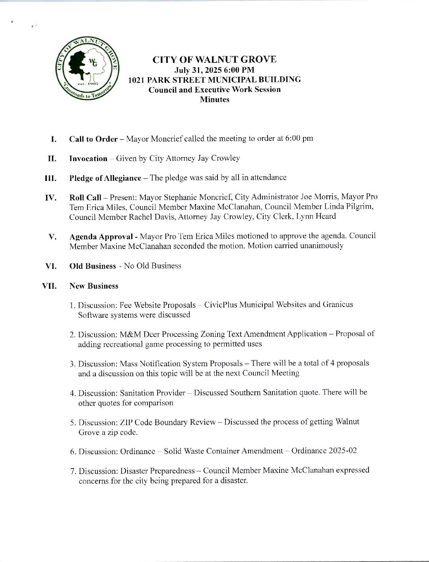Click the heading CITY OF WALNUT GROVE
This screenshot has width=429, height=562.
click(214, 60)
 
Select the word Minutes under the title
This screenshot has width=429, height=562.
click(214, 99)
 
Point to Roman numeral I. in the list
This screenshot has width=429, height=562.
click(53, 139)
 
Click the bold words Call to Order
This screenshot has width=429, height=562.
click(93, 139)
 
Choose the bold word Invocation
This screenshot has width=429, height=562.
click(88, 158)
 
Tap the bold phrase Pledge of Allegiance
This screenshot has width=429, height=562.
click(105, 178)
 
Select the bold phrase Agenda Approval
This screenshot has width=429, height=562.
click(101, 236)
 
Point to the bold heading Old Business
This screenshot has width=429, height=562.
click(92, 266)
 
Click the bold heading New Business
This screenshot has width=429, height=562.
click(93, 286)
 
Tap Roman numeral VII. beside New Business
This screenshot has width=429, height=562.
click(50, 286)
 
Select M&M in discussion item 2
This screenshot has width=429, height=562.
click(129, 334)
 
